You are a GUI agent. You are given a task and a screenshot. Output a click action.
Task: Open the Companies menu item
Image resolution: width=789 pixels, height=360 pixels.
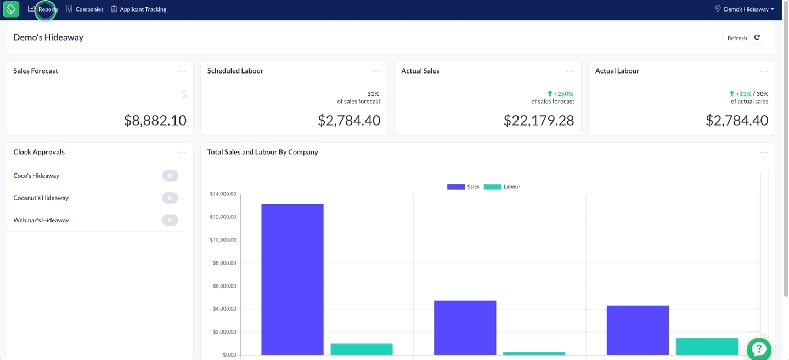[x=85, y=9]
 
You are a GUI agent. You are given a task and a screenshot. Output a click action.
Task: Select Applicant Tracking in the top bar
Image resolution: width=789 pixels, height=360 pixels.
[x=139, y=9]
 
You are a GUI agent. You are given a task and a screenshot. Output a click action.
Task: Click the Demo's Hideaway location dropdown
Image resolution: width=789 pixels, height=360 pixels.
[x=744, y=9]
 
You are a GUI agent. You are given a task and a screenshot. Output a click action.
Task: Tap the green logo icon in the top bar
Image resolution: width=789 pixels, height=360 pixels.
[x=11, y=9]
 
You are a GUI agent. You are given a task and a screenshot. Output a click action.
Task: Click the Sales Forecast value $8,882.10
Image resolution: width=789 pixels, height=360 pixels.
[x=155, y=121]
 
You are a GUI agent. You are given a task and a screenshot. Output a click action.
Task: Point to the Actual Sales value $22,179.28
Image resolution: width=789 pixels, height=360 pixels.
[x=539, y=121]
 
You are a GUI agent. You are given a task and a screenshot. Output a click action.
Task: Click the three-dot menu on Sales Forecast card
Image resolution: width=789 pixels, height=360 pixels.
[x=182, y=71]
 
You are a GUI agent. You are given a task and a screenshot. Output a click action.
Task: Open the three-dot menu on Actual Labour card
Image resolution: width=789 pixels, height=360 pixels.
[x=764, y=71]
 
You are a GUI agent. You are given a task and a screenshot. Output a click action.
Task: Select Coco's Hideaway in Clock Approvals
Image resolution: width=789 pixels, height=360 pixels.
[x=36, y=176]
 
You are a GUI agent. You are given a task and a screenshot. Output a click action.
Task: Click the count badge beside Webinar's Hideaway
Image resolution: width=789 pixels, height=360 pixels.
[x=170, y=220]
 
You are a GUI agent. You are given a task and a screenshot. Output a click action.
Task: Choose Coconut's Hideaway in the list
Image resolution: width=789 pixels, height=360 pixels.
[x=41, y=198]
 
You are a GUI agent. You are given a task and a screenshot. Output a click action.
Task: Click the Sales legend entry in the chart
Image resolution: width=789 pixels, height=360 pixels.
[x=463, y=187]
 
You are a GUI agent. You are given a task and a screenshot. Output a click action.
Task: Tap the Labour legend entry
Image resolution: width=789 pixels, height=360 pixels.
[x=501, y=187]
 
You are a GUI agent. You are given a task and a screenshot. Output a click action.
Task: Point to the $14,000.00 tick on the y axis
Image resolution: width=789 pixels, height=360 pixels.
[x=223, y=194]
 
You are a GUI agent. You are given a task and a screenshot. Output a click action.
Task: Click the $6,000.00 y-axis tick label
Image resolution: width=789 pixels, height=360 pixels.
[x=224, y=286]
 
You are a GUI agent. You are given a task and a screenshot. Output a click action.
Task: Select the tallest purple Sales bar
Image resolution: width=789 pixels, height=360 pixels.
[x=292, y=279]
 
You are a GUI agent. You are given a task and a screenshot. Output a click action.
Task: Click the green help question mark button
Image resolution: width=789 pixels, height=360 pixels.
[x=759, y=349]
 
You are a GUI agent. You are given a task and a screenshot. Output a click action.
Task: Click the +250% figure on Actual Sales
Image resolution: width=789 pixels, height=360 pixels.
[x=563, y=94]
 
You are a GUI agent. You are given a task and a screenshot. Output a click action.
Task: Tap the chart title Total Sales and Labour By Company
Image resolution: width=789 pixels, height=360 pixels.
[x=262, y=152]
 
